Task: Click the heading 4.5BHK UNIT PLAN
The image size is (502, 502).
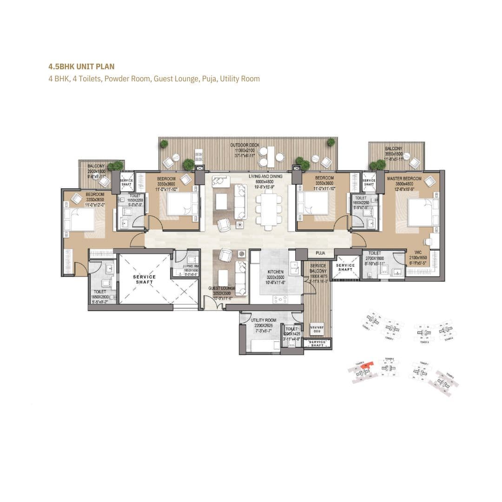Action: point(81,67)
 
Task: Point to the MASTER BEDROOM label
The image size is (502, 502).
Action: point(404,178)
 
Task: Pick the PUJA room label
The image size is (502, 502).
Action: point(320,254)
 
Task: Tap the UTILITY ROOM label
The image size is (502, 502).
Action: point(264,320)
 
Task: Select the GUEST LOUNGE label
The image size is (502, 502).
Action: point(221,289)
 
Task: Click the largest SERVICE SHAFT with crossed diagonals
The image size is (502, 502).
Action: point(145,279)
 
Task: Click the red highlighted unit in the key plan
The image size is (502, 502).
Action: point(368,366)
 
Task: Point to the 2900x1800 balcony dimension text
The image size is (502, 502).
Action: point(97,172)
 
